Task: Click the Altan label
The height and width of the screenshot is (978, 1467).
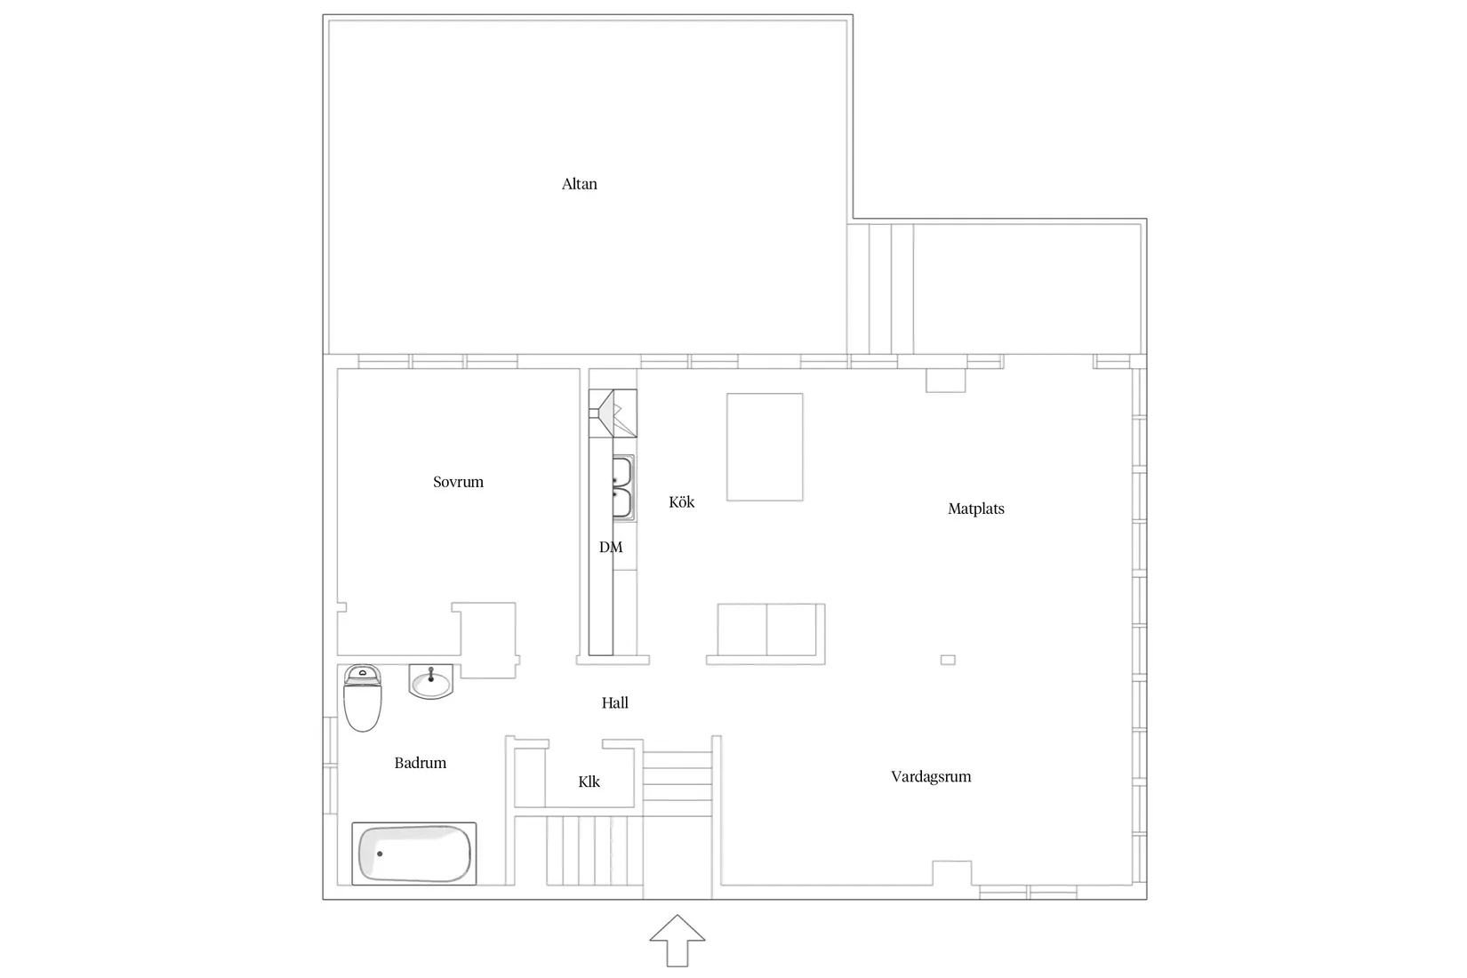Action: click(580, 184)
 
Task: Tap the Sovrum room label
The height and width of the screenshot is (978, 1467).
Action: click(459, 482)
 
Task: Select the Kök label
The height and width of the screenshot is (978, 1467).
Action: click(682, 502)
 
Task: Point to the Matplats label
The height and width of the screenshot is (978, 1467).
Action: click(976, 509)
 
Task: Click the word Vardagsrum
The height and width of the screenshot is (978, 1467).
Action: click(931, 777)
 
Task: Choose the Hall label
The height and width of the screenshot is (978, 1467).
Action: click(615, 703)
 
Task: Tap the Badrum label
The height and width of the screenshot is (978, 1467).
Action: click(421, 763)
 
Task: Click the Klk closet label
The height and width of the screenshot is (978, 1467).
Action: click(589, 782)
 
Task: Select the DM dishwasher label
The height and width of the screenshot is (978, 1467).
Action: click(611, 547)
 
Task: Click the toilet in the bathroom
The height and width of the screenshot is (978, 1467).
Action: click(363, 698)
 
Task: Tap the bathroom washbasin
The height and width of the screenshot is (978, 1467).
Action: click(431, 682)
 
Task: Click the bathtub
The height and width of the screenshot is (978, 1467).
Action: click(414, 854)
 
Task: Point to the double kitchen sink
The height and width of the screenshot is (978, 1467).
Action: click(623, 488)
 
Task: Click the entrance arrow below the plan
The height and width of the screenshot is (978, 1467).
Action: click(677, 940)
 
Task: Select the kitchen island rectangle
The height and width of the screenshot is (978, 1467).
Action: click(765, 447)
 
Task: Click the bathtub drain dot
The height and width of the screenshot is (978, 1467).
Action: click(380, 854)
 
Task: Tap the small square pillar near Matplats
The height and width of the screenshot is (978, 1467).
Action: click(948, 660)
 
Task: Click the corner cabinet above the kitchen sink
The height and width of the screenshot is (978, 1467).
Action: click(613, 413)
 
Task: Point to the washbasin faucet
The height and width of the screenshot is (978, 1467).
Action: click(431, 674)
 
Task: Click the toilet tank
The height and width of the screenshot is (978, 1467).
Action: click(363, 675)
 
